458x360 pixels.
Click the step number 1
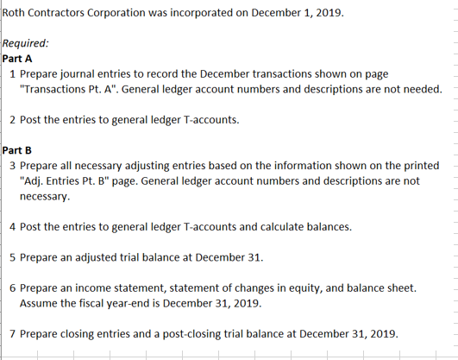point(11,74)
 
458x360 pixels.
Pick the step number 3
point(11,165)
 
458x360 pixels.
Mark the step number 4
point(11,227)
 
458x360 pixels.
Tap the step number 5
point(11,257)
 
